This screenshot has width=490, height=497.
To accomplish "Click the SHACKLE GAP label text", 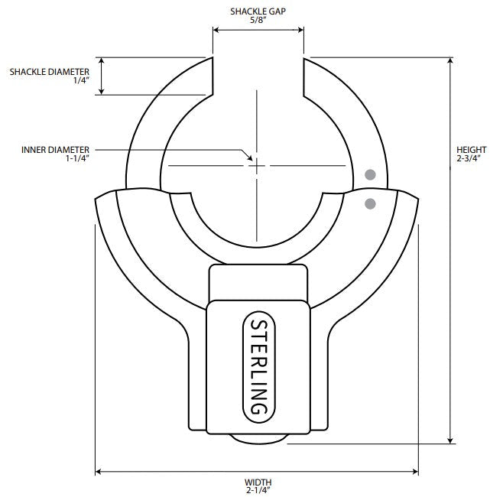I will click(258, 11).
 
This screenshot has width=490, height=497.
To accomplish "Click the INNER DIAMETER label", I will click(56, 149).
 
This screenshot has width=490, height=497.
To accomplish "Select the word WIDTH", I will click(258, 482).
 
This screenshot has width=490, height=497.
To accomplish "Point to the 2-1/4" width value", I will click(258, 491).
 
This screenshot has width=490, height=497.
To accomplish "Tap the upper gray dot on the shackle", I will click(371, 174).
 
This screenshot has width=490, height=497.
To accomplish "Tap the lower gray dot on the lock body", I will click(371, 203).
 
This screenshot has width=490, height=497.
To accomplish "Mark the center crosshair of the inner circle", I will click(257, 165).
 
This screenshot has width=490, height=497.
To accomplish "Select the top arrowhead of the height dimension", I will click(452, 61).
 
